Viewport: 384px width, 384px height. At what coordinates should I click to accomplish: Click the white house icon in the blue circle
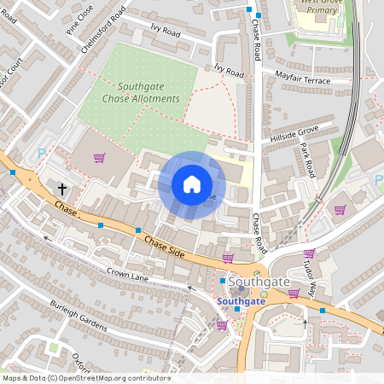[x=192, y=184]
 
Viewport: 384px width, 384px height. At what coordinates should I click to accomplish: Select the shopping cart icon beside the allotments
[x=99, y=158]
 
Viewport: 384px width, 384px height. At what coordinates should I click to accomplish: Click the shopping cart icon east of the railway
[x=340, y=210]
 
